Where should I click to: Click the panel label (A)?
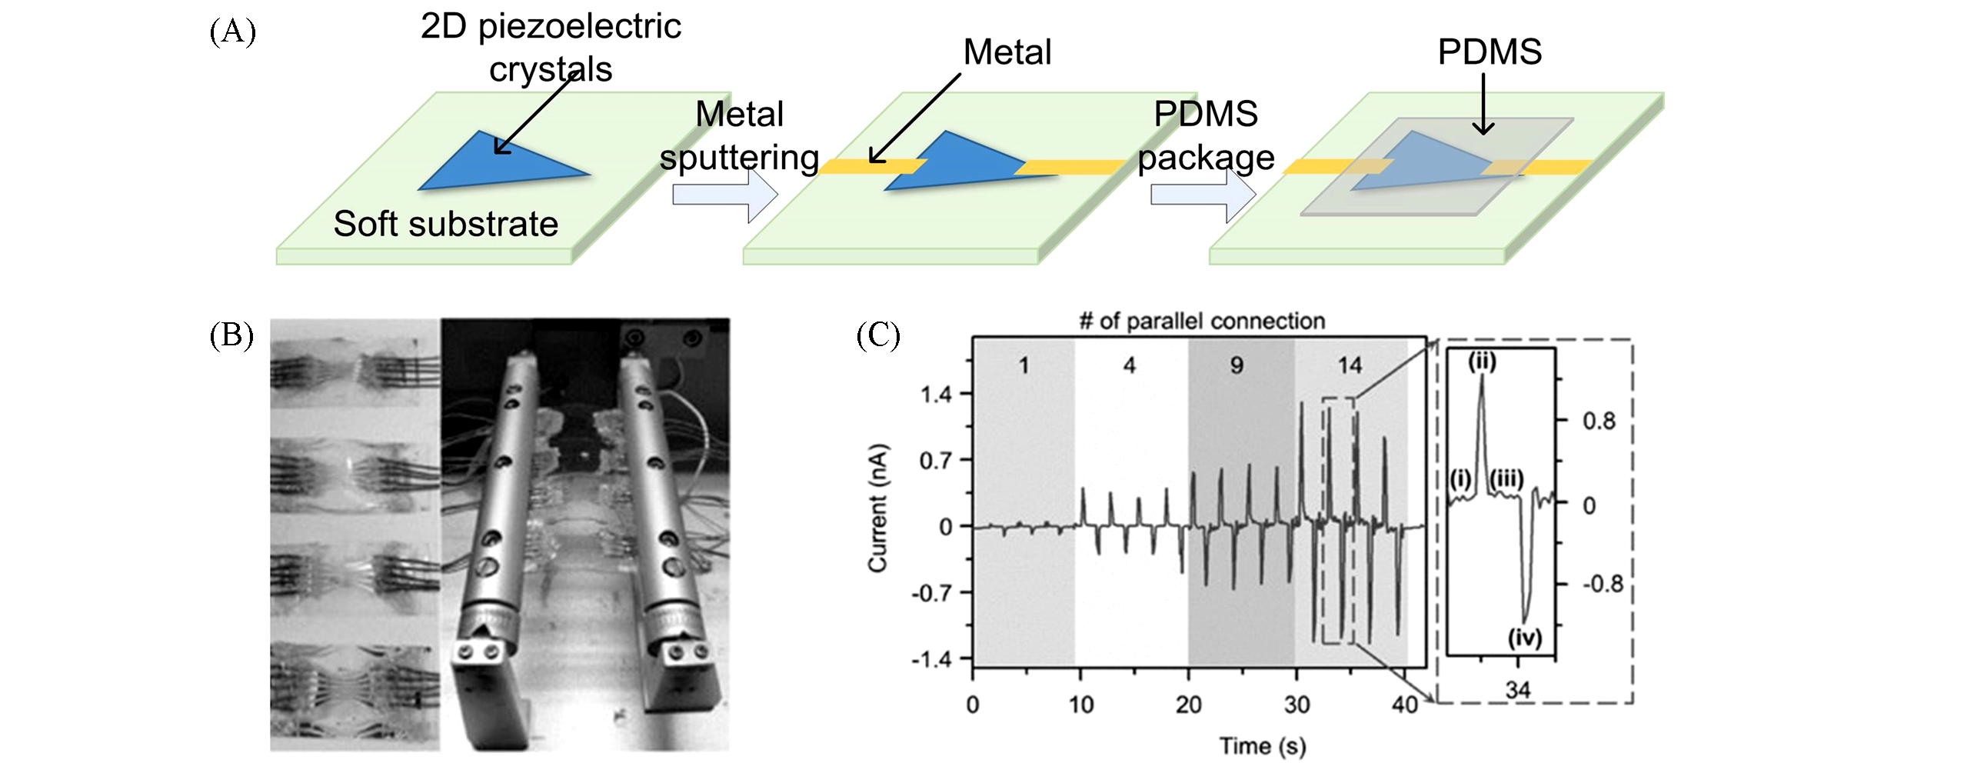232,32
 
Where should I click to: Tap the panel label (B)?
231,335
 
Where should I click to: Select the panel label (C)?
878,335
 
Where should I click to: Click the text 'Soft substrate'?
445,224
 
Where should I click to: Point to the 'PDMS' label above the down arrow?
1490,52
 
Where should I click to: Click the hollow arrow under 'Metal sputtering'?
724,195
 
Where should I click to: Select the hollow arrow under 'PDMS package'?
1203,195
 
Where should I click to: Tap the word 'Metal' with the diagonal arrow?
1007,52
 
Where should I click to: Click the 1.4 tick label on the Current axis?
936,395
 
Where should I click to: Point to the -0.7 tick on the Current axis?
931,594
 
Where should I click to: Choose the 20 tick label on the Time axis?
1188,705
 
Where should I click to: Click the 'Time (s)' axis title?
1263,746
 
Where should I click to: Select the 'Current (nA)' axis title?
877,508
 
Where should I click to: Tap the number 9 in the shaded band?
1237,365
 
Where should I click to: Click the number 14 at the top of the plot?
1349,365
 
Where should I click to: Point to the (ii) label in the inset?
1482,361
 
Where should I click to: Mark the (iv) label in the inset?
1525,637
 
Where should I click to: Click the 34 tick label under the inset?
1518,690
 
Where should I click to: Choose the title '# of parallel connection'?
1202,321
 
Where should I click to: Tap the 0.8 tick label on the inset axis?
1599,421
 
